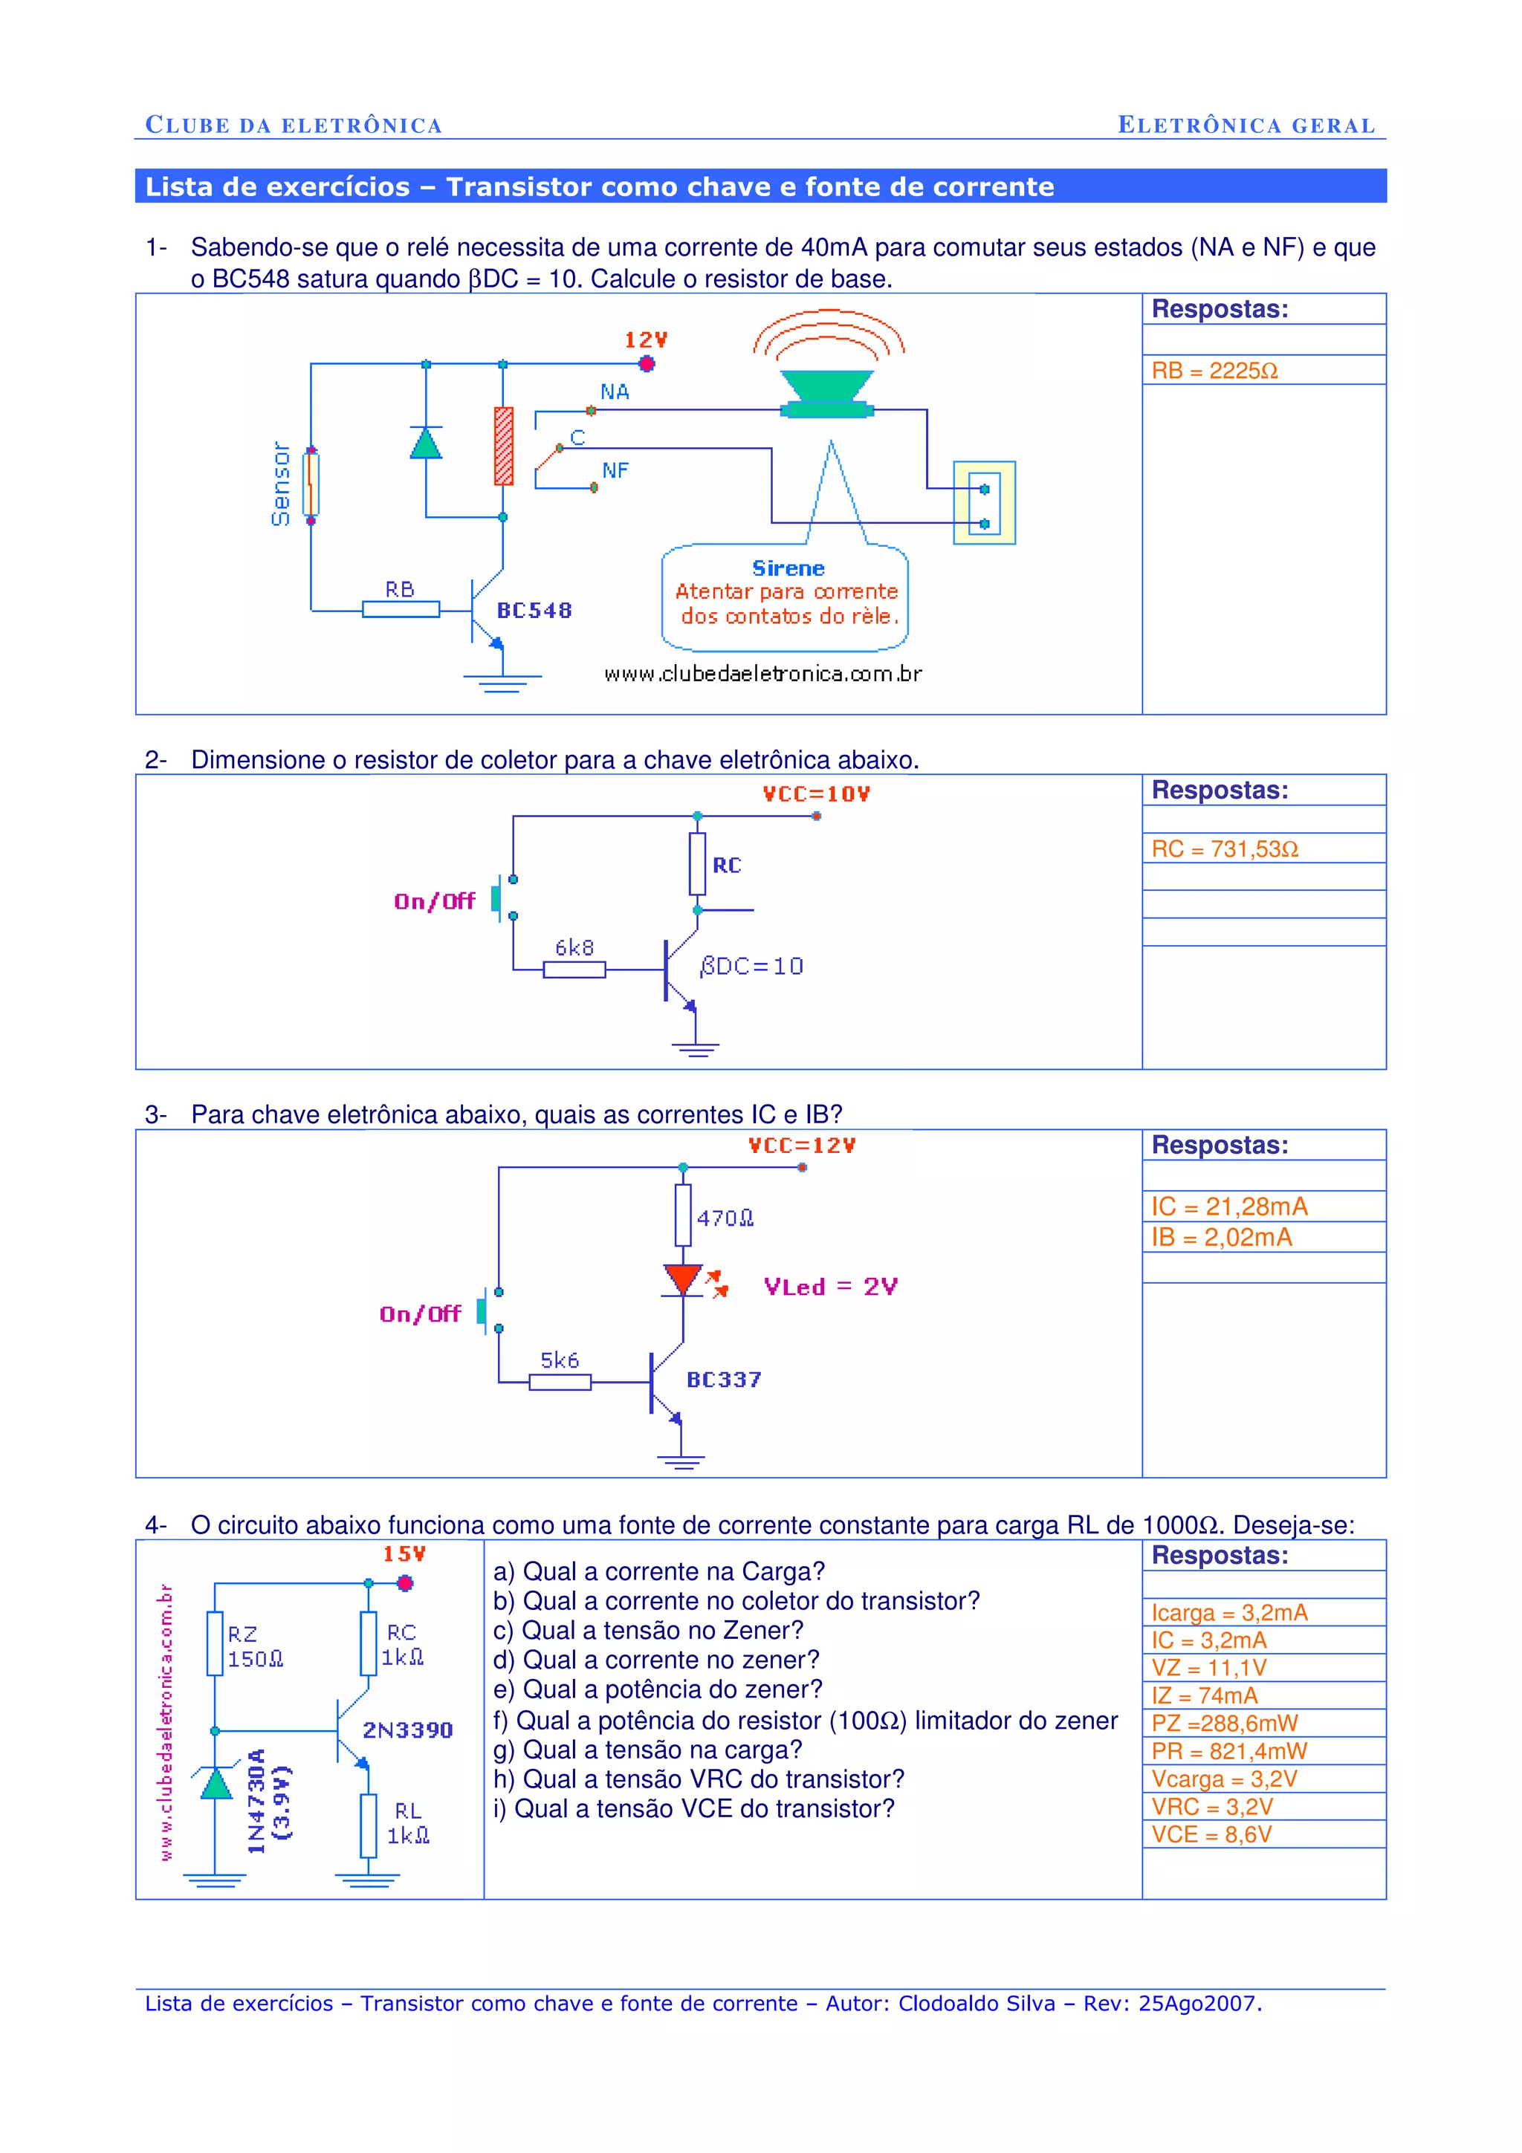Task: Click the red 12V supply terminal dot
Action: (x=646, y=364)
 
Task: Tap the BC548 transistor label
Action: (x=534, y=611)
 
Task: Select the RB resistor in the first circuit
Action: (x=401, y=609)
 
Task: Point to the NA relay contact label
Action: (x=615, y=392)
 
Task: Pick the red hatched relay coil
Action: (x=504, y=446)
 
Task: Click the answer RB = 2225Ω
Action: (x=1214, y=371)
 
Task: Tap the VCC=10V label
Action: (x=816, y=794)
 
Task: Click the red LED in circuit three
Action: (x=683, y=1280)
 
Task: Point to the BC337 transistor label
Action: (x=723, y=1380)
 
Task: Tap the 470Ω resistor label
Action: (x=725, y=1218)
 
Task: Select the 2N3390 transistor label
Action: (x=407, y=1730)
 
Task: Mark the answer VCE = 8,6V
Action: (x=1211, y=1834)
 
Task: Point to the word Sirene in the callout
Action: (x=788, y=568)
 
